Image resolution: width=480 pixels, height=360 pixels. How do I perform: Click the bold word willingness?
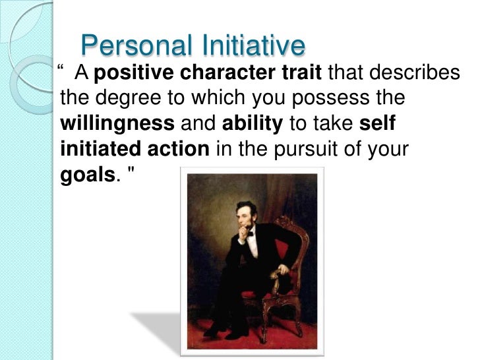pyautogui.click(x=117, y=124)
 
